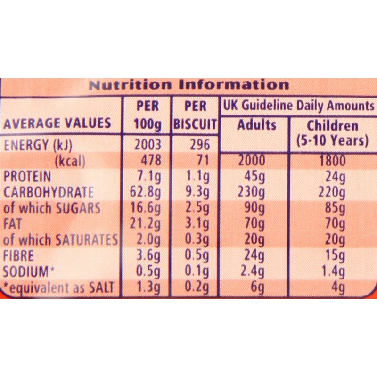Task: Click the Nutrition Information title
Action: (x=188, y=85)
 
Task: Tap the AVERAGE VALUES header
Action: (x=57, y=123)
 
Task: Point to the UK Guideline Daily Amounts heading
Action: (x=298, y=105)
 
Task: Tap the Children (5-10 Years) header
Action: (x=332, y=133)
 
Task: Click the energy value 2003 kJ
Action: (x=148, y=145)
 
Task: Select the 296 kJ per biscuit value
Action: (x=197, y=145)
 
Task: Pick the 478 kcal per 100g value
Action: (x=151, y=161)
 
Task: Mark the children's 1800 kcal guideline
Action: (x=332, y=161)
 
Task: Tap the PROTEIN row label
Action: (x=27, y=177)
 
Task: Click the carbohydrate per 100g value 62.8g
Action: (x=148, y=193)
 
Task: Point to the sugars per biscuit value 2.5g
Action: (x=198, y=208)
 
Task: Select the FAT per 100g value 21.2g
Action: (x=148, y=224)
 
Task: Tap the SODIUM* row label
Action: (x=27, y=272)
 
